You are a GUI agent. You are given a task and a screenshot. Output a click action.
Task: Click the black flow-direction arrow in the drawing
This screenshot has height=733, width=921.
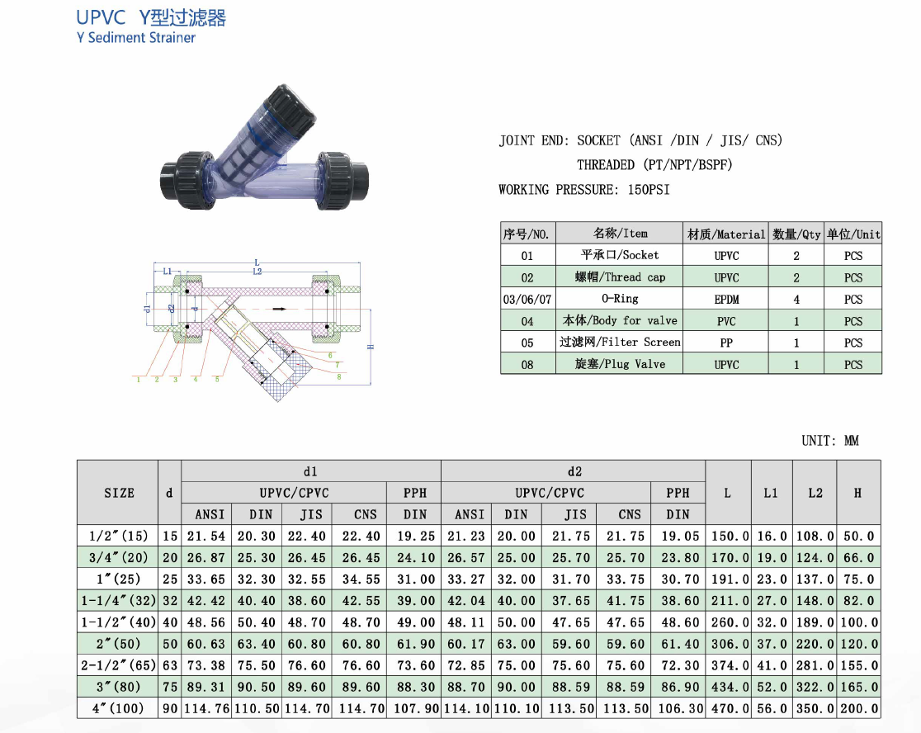coord(280,309)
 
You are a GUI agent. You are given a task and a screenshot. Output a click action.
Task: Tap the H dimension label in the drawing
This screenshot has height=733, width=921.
coord(371,348)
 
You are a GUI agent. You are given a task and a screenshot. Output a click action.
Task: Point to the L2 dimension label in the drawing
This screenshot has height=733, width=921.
coord(257,272)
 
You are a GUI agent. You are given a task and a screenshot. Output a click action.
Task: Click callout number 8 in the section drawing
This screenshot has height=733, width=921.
coord(339,376)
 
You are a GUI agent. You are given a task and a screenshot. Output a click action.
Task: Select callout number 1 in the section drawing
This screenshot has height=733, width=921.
coord(139,380)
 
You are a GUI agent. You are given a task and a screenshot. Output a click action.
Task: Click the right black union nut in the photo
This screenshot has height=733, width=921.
coord(335,180)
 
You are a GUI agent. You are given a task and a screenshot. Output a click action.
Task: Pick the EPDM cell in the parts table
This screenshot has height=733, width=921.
coord(726,299)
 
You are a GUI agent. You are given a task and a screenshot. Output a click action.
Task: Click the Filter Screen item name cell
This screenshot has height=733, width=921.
coord(620,342)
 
